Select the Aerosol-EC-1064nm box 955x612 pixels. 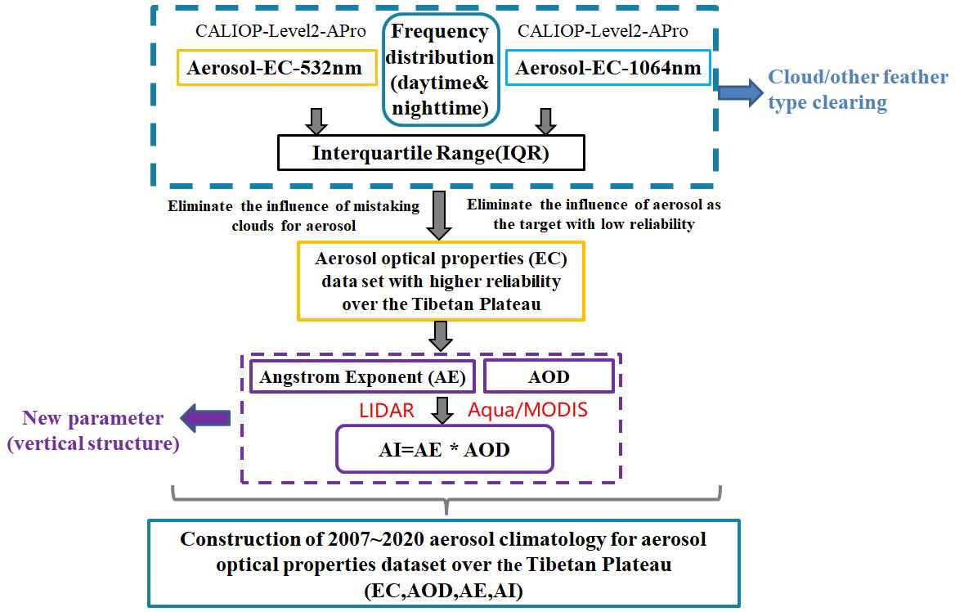tap(608, 67)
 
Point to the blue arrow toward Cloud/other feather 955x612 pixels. tap(738, 90)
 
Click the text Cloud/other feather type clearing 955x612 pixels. tap(858, 90)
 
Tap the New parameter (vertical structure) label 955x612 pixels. tap(92, 431)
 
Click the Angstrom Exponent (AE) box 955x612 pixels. tap(362, 377)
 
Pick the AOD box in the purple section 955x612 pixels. tap(549, 376)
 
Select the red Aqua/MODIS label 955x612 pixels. tap(527, 409)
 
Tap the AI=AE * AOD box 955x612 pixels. tap(444, 449)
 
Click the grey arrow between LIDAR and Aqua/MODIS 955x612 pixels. tap(442, 408)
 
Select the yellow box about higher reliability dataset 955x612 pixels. tap(441, 281)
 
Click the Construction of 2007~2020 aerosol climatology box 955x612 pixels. tap(443, 562)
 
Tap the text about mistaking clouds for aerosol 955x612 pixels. tap(294, 215)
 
